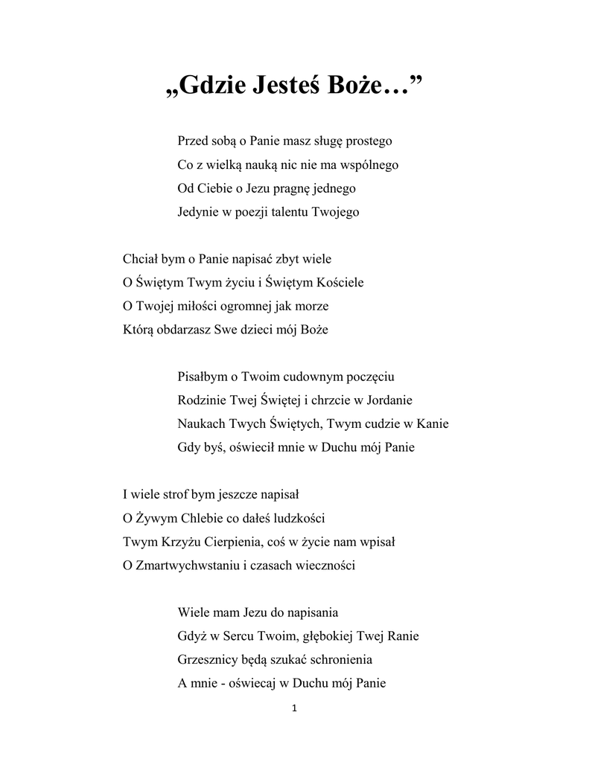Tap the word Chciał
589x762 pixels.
139,259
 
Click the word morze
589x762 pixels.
311,306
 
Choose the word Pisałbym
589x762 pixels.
203,377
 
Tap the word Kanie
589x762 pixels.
433,424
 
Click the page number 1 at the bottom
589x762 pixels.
295,708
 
